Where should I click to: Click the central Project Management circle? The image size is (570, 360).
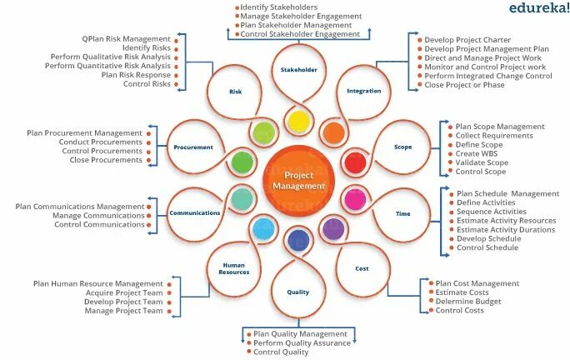pos(298,181)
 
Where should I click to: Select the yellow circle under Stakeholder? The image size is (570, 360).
pos(298,122)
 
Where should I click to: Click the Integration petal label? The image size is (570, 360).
pos(364,91)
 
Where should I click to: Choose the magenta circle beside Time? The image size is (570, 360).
pos(356,200)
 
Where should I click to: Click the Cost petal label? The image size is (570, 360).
pos(362,268)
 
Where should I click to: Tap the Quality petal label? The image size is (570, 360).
pos(298,292)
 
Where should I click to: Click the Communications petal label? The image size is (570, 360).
pos(194,213)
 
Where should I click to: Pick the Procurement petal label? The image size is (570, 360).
pos(193,147)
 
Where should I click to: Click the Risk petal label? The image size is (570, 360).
pos(235,91)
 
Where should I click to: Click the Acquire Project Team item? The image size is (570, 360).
pos(123,293)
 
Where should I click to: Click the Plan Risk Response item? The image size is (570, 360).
pos(135,75)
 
